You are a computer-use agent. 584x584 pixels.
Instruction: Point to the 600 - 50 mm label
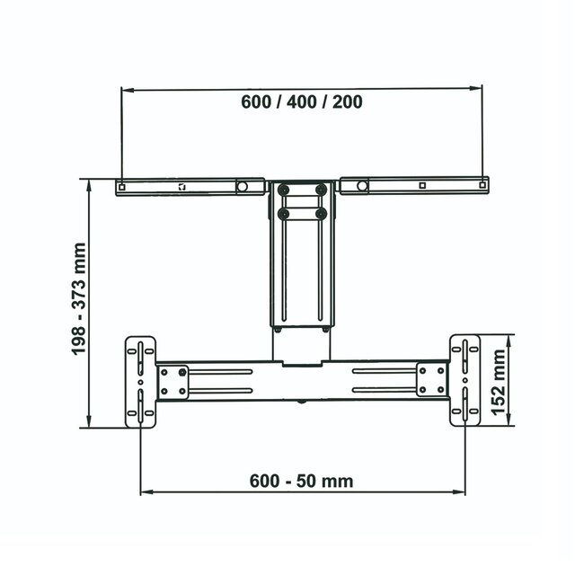coord(301,481)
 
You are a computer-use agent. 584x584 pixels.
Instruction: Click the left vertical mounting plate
coord(141,380)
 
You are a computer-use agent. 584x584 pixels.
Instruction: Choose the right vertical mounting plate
coord(464,380)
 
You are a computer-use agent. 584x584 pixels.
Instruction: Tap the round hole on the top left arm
coord(242,187)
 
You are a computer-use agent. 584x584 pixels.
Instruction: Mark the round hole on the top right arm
coord(361,186)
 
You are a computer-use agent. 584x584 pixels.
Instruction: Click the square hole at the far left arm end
coord(121,187)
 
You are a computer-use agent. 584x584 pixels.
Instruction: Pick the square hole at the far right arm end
coord(483,186)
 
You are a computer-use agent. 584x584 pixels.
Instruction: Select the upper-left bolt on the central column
coord(285,190)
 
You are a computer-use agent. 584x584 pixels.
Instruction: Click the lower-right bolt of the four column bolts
coord(321,214)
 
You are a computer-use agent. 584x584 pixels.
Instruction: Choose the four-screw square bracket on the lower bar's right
coord(431,380)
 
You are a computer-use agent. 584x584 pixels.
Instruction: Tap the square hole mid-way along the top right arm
coord(421,186)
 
